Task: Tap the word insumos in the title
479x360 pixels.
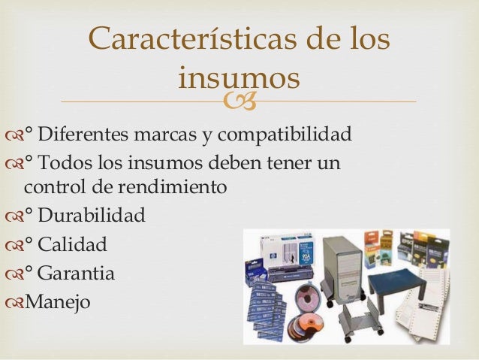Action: (x=239, y=77)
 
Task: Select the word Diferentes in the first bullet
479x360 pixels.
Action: (x=84, y=137)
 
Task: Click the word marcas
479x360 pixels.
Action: (x=164, y=137)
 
